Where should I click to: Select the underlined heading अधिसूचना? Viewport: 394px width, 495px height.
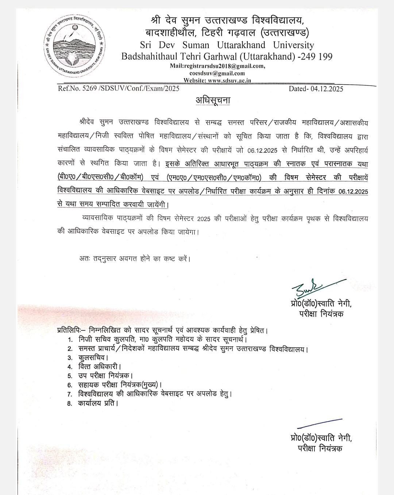213,100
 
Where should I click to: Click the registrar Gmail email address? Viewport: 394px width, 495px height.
217,66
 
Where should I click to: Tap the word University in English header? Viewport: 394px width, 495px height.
293,45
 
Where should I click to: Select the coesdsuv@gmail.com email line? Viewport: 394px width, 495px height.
217,73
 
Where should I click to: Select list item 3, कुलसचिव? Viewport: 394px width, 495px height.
93,358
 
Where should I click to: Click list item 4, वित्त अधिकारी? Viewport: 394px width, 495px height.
99,367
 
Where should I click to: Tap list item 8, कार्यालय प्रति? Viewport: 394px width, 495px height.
98,404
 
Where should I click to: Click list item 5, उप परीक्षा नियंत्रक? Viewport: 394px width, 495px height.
105,376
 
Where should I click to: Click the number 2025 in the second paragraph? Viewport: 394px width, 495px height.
204,219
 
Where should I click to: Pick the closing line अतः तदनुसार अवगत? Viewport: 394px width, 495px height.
135,259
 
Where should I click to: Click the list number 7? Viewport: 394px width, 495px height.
70,395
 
